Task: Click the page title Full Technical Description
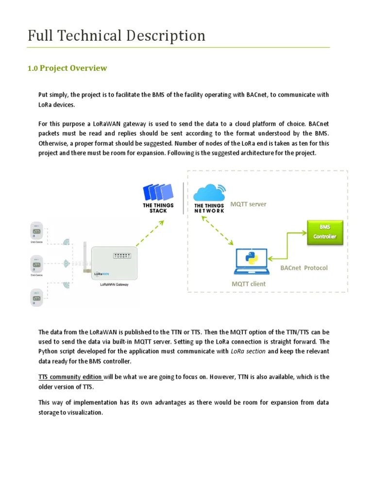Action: pyautogui.click(x=117, y=35)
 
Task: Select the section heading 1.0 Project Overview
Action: pyautogui.click(x=67, y=68)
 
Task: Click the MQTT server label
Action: pyautogui.click(x=249, y=204)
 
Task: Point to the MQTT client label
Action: pyautogui.click(x=249, y=284)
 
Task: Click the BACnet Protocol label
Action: pyautogui.click(x=304, y=268)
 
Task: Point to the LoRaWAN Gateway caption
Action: pyautogui.click(x=111, y=285)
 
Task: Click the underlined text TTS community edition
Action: pyautogui.click(x=70, y=377)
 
